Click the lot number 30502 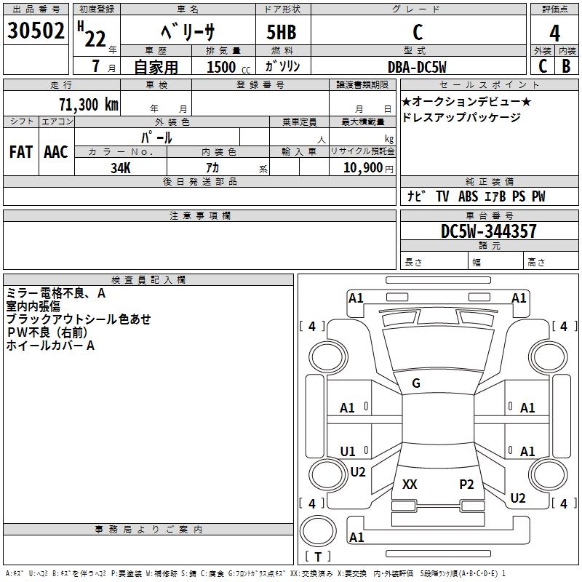tap(36, 31)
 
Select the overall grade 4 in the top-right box tap(554, 33)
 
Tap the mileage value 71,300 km tap(89, 105)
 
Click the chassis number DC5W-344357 tap(488, 231)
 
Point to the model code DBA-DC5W tap(417, 67)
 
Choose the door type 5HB tap(282, 32)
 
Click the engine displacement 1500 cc tap(228, 67)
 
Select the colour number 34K tap(121, 168)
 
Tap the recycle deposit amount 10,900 tap(363, 168)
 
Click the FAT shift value tap(21, 152)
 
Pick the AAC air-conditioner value tap(56, 152)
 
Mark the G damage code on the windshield tap(416, 383)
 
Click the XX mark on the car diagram tap(410, 484)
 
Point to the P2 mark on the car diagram tap(466, 484)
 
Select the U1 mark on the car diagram tap(348, 451)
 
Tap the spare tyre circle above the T tap(318, 531)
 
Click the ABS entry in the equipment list tap(468, 196)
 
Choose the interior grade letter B tap(566, 66)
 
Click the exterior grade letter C tap(543, 66)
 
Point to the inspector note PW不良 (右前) tap(47, 332)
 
